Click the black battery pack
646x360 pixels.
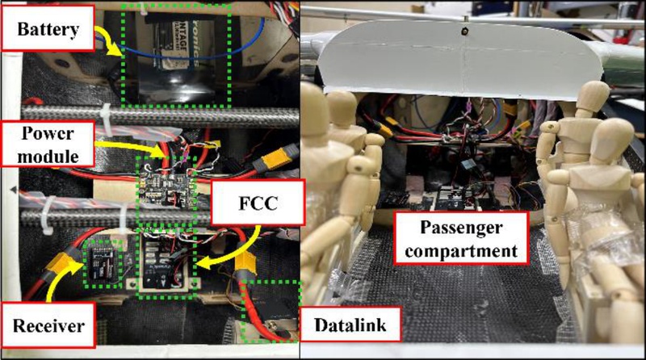tap(174, 61)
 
